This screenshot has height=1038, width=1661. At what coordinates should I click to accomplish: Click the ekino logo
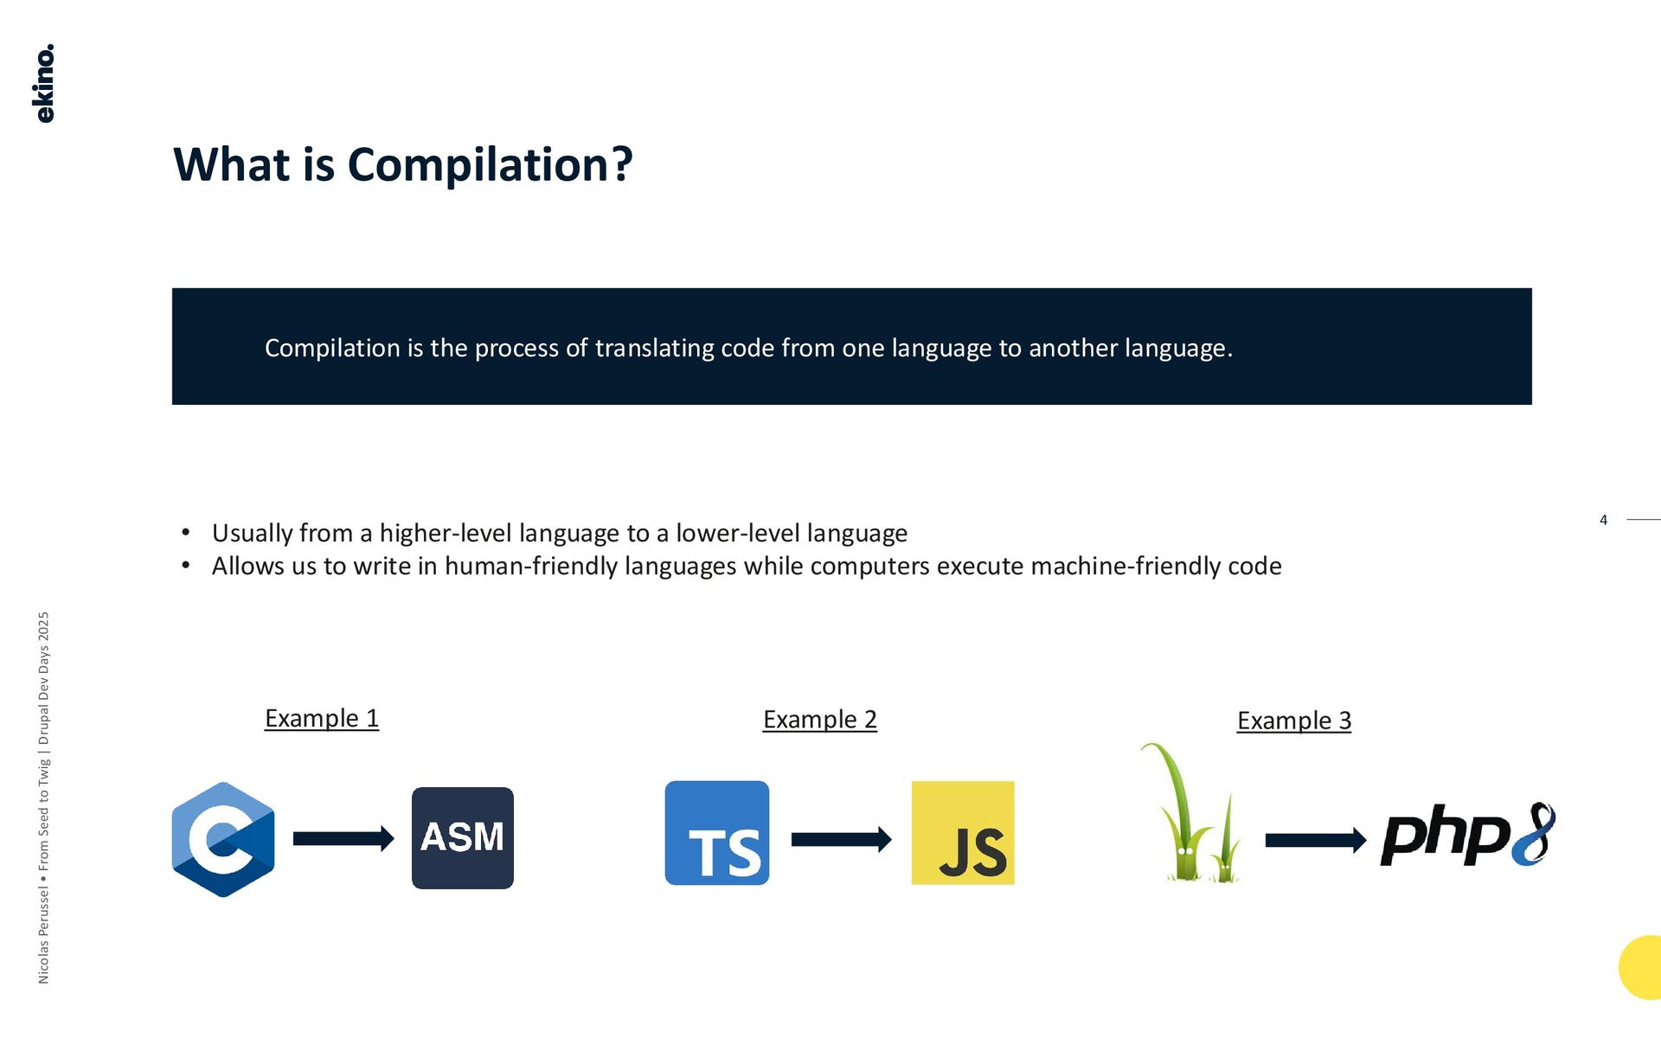(44, 83)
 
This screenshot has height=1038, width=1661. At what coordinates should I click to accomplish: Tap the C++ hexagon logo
(223, 839)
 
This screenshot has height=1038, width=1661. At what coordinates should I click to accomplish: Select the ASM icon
(462, 837)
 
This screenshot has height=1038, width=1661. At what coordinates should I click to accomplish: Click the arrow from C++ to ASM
(343, 838)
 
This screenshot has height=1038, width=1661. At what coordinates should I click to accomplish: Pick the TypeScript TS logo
(716, 833)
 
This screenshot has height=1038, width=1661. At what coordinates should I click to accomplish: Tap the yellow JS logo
(963, 833)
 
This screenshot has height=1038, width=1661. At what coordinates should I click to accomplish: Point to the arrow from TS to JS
(841, 839)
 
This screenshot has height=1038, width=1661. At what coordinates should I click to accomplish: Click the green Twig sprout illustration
(1191, 813)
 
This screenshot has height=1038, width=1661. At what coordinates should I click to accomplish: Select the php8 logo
(1467, 835)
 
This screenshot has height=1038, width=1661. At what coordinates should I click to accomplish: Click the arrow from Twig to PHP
(1315, 840)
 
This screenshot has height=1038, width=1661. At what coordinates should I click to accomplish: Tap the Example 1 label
(322, 718)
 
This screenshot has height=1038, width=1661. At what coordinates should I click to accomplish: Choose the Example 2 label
(819, 720)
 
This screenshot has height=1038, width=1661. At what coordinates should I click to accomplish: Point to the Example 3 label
(1293, 721)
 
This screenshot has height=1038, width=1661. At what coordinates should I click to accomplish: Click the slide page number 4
(1603, 520)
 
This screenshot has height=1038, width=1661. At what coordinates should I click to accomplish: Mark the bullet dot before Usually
(186, 533)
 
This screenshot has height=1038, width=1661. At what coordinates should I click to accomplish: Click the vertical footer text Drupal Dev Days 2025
(44, 679)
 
